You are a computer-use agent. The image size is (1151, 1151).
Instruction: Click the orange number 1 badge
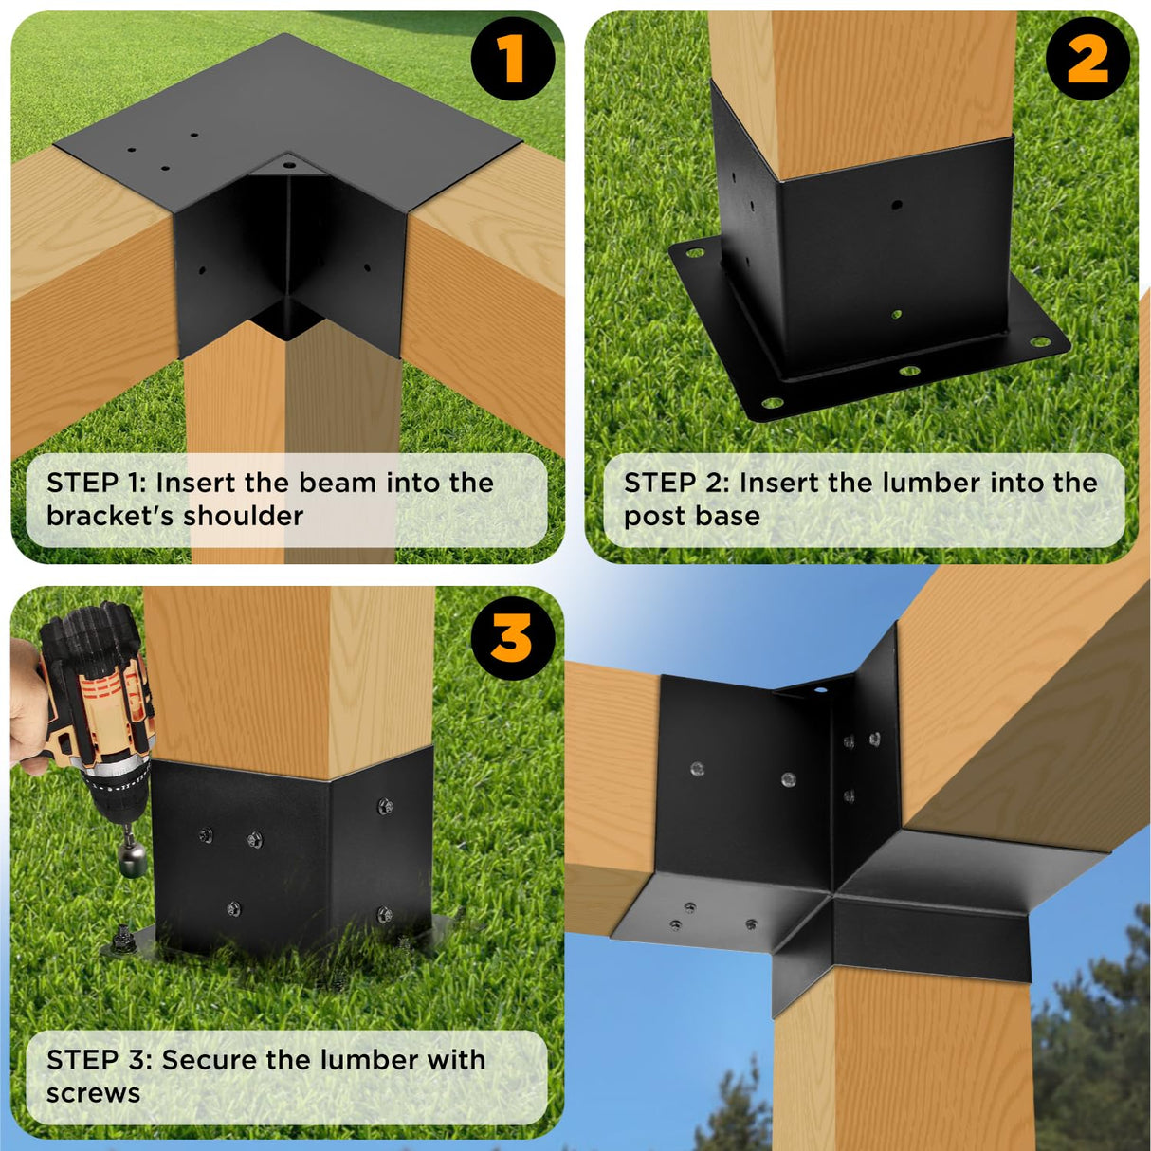pos(512,59)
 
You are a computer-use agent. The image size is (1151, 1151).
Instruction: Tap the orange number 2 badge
pos(1087,59)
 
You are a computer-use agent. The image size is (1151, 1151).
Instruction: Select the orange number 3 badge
pos(512,638)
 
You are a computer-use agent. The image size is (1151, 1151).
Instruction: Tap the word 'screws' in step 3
pos(93,1093)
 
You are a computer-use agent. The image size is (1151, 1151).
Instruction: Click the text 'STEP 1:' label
pos(95,483)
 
